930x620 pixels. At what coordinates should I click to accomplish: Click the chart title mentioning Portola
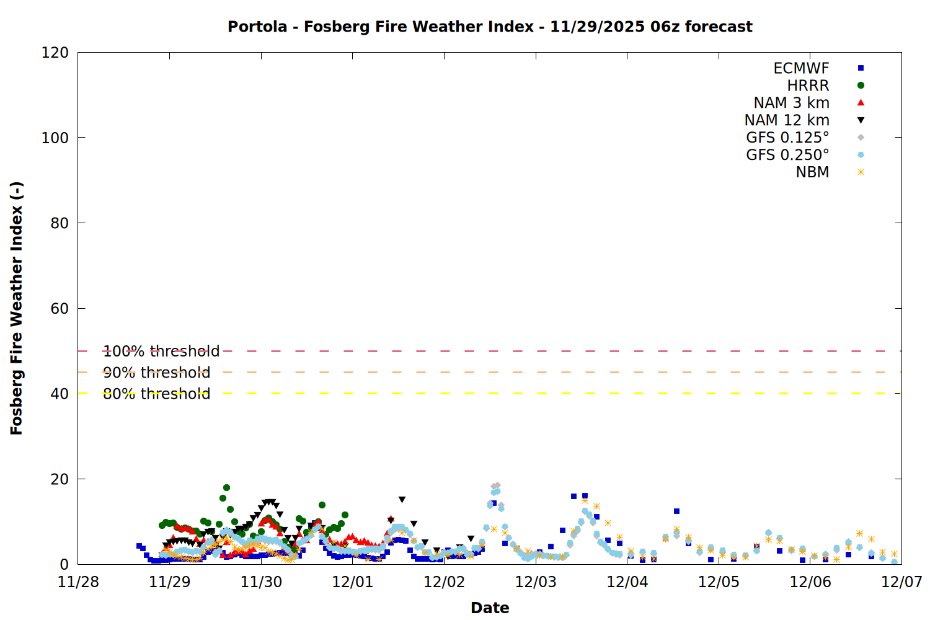coord(490,27)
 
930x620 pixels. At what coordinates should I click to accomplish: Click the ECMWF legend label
coord(801,68)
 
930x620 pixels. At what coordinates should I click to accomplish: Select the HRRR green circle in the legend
coord(861,86)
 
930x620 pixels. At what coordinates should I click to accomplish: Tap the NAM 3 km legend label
coord(791,103)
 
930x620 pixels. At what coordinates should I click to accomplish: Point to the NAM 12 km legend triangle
coord(861,120)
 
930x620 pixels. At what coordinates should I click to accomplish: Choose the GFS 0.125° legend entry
coord(787,138)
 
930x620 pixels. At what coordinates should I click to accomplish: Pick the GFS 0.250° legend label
coord(787,155)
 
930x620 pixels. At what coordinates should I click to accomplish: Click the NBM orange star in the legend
coord(861,172)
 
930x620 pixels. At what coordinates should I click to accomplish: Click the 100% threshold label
coord(161,352)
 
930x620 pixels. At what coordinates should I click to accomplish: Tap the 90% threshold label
coord(156,373)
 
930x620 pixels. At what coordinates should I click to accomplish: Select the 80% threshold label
coord(156,394)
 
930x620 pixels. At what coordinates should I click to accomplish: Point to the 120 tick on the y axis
coord(55,53)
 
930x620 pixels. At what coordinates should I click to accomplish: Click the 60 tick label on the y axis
coord(60,309)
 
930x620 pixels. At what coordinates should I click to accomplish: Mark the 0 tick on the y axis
coord(64,565)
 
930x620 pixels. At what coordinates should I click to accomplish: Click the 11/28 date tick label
coord(78,582)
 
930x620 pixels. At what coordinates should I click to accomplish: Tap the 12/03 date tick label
coord(536,582)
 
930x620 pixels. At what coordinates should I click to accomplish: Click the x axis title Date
coord(490,608)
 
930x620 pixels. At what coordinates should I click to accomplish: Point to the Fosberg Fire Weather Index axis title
coord(17,308)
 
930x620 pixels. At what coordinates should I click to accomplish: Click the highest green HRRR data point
coord(226,488)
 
